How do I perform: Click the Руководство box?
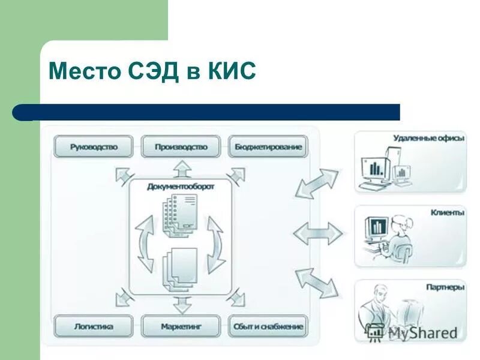93,146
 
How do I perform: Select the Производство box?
181,146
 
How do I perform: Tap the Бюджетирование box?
268,146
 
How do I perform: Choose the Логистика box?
93,327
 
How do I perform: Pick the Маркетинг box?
181,327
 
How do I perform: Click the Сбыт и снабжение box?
268,327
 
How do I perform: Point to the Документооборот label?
181,187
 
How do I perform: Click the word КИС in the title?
232,71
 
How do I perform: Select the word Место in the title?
84,71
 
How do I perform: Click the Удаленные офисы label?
428,138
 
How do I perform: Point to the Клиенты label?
447,212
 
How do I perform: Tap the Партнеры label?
445,287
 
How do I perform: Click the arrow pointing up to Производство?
181,169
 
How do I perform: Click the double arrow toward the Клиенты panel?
317,233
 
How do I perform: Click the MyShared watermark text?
423,331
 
